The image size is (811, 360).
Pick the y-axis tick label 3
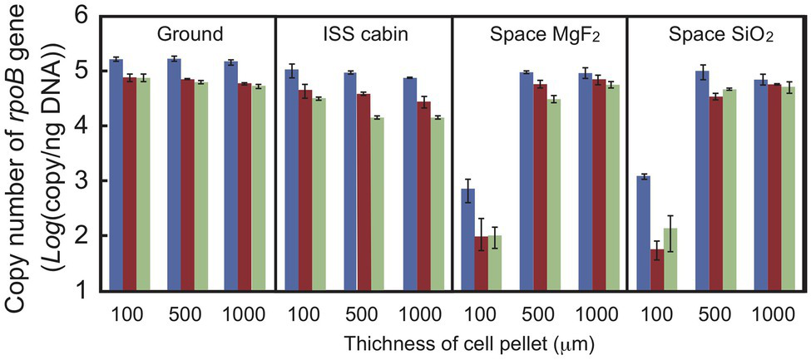83,181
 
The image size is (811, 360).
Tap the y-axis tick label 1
83,291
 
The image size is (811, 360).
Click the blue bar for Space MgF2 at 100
468,240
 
